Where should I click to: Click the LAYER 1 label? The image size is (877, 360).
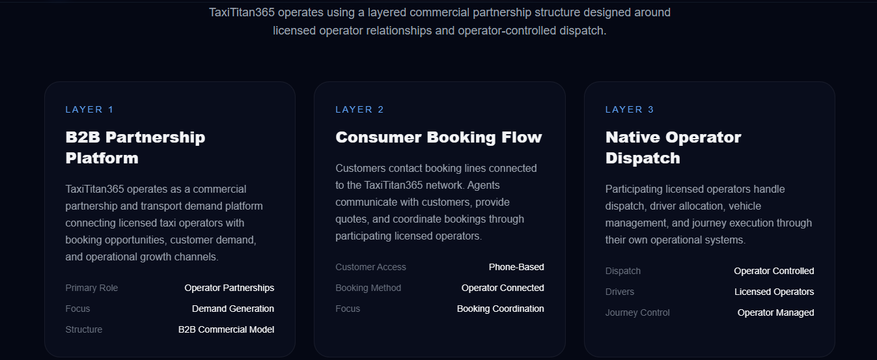coord(89,109)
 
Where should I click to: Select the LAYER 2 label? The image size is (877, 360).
coord(359,109)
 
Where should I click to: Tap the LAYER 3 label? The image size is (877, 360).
coord(630,109)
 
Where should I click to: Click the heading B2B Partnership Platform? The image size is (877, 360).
coord(135,148)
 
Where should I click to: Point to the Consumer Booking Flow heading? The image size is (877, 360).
coord(439,137)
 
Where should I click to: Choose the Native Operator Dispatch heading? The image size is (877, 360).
coord(673,148)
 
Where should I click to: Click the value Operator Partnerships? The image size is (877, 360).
coord(229,288)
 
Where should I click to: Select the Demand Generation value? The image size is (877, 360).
coord(233,309)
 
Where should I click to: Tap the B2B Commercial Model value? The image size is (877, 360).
coord(227,329)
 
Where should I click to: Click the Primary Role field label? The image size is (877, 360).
coord(92,288)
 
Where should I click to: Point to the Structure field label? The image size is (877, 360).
coord(84,329)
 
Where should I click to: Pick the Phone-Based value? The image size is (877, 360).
coord(516,267)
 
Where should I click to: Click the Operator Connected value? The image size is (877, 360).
coord(503,288)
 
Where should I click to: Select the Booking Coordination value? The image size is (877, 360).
coord(501,309)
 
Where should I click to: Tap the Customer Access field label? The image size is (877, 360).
coord(370,267)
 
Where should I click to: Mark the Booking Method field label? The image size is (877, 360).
coord(369,288)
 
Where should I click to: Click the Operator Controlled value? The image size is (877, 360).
coord(774,271)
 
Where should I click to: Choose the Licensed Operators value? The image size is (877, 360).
coord(774,292)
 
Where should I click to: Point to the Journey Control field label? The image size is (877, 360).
coord(637,312)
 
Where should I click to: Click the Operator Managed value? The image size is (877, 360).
coord(775,312)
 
